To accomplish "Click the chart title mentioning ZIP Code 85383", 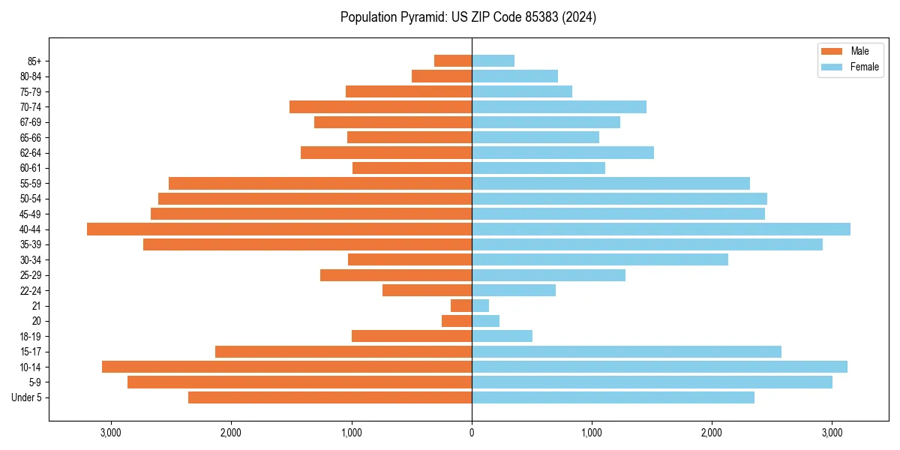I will coord(468,17).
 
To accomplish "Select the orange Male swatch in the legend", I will coord(832,51).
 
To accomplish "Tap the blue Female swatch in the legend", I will coord(832,67).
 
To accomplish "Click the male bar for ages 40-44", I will coord(279,229).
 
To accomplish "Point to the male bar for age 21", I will coord(461,305).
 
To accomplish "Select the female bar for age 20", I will coord(485,321).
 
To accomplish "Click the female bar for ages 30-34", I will coord(599,259).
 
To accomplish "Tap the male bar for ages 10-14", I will coord(286,367).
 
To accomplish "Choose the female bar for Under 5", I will coord(613,397).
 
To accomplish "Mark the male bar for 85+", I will coord(453,61).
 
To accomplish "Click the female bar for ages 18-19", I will coord(502,336).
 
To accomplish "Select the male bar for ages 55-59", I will coord(320,183).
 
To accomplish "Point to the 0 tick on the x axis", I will coord(472,433).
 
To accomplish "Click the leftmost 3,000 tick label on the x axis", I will coord(111,433).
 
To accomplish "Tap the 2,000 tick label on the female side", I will coord(712,433).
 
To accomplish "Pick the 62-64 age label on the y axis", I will coord(31,153).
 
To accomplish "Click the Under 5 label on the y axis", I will coord(27,397).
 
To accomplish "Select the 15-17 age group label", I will coord(31,352).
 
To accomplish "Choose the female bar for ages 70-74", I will coord(559,106).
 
